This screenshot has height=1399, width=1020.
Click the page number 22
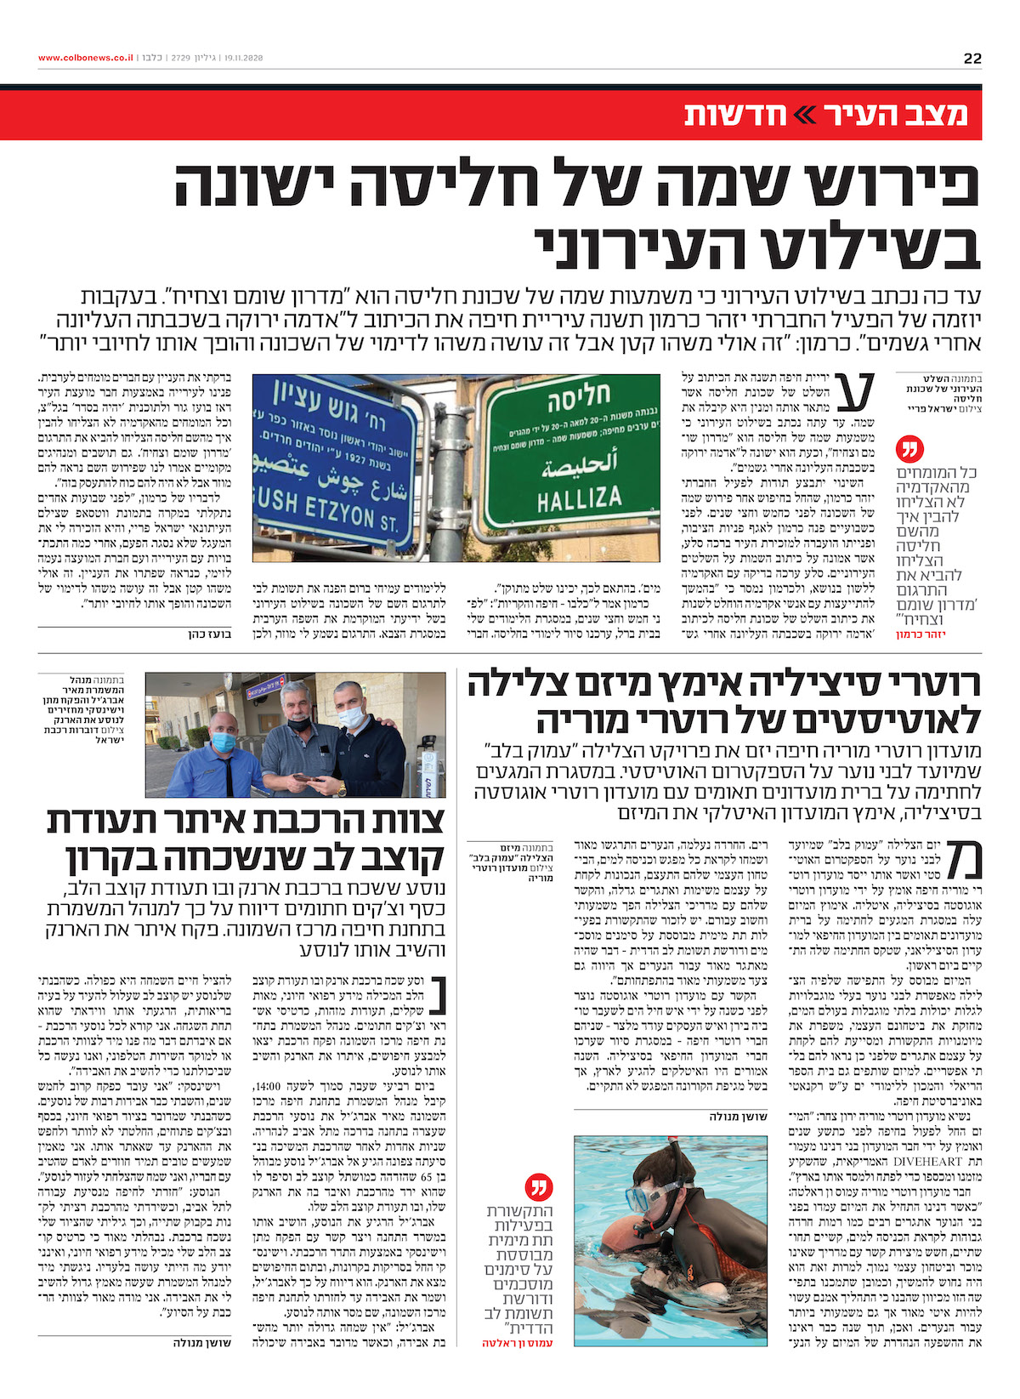(972, 58)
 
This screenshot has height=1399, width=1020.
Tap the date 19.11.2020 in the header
(244, 58)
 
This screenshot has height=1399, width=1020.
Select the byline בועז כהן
(210, 634)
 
